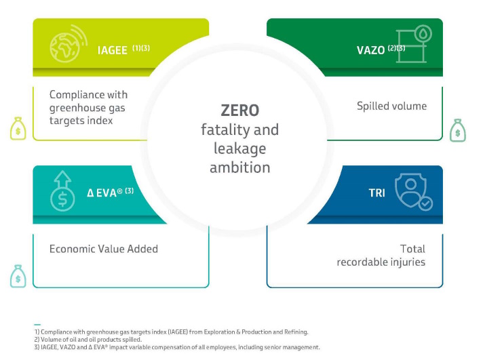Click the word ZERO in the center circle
click(x=240, y=111)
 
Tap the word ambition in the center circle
click(x=240, y=167)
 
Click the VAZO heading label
click(x=370, y=49)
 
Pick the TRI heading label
click(x=376, y=193)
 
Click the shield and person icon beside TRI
click(x=414, y=192)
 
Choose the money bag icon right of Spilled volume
click(x=458, y=129)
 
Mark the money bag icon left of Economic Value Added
click(x=18, y=275)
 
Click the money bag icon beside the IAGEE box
click(x=19, y=128)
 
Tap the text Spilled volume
click(x=391, y=106)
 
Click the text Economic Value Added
click(x=104, y=249)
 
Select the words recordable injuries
click(x=381, y=262)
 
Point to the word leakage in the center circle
click(x=240, y=148)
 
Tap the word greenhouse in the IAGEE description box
click(x=88, y=107)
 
